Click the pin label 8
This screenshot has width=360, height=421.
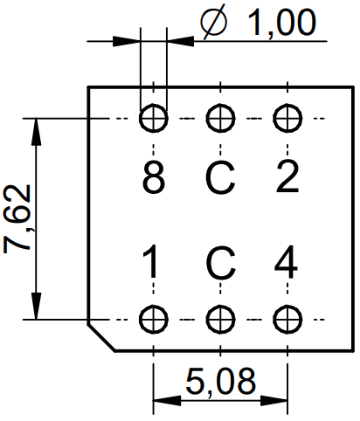click(x=154, y=176)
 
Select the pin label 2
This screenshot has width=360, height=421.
click(x=287, y=176)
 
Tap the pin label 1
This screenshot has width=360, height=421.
click(x=151, y=261)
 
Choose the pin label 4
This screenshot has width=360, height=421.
click(x=286, y=261)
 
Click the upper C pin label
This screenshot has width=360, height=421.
click(x=220, y=177)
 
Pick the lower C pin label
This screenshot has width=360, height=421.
click(x=220, y=261)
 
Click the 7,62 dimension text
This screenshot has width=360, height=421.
click(x=17, y=218)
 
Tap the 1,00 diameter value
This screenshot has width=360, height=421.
click(x=281, y=22)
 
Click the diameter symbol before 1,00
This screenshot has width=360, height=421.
click(x=214, y=22)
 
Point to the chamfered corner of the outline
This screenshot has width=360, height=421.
click(x=101, y=337)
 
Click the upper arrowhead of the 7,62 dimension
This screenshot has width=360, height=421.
click(x=36, y=132)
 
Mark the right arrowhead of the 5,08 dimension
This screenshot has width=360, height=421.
click(x=273, y=401)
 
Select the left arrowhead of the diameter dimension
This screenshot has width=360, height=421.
click(x=127, y=41)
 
